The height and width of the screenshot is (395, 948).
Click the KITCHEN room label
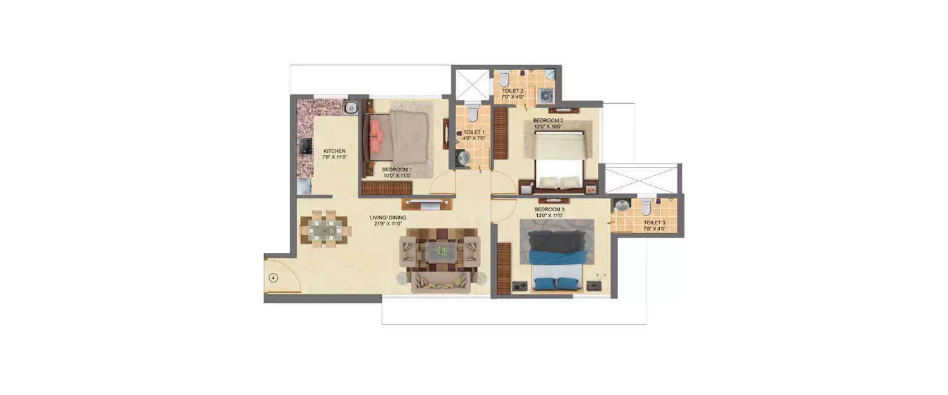click(334, 151)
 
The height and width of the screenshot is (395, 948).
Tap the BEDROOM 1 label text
click(397, 169)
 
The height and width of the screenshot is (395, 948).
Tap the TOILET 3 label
click(654, 222)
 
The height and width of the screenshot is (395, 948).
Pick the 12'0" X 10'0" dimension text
click(548, 126)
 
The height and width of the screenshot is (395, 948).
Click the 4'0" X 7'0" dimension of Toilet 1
click(473, 138)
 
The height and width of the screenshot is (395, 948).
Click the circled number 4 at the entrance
click(273, 277)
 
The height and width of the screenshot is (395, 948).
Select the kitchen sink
click(351, 107)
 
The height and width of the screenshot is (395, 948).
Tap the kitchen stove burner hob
click(306, 147)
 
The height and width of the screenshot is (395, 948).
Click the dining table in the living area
click(325, 229)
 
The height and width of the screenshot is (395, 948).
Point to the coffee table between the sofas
click(441, 252)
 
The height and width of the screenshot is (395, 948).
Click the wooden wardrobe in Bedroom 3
click(504, 268)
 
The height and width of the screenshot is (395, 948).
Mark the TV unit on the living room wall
click(427, 204)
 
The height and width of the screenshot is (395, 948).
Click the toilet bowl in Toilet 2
click(504, 79)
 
